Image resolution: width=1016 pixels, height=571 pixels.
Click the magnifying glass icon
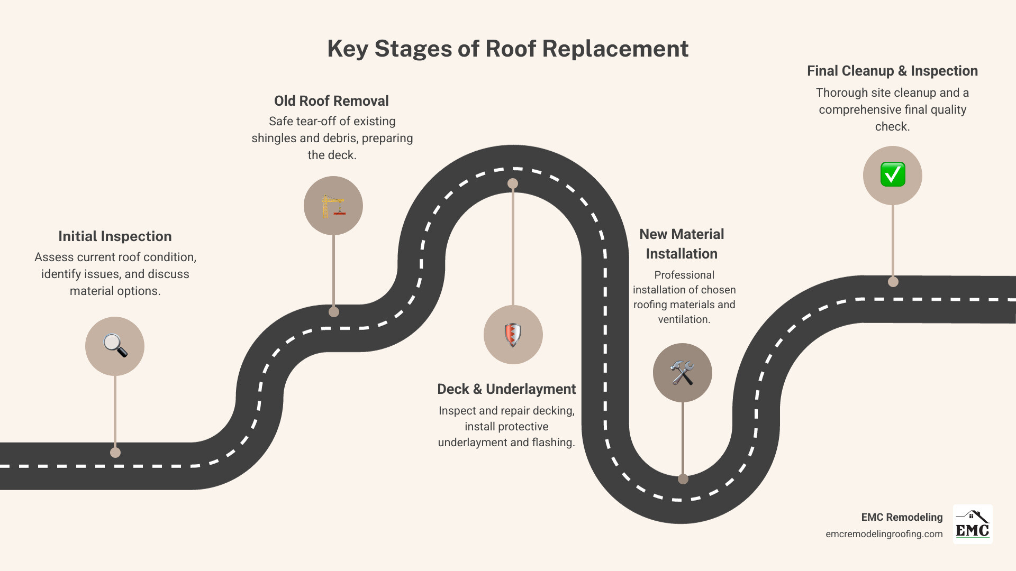[x=115, y=346]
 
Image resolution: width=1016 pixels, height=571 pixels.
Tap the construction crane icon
[x=333, y=206]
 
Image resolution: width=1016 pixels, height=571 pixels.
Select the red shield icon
[x=513, y=335]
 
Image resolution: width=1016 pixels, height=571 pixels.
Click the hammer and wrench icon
[x=682, y=373]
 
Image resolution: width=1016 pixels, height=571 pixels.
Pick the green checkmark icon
[x=892, y=175]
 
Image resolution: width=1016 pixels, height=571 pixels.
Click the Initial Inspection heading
[x=115, y=236]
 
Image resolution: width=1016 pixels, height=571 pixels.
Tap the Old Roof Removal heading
[x=331, y=101]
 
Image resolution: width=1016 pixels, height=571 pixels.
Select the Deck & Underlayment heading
[x=506, y=389]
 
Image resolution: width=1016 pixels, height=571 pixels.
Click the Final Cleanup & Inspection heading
[x=892, y=71]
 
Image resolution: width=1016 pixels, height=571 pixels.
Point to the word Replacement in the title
[x=615, y=49]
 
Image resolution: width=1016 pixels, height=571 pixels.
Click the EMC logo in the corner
[x=972, y=524]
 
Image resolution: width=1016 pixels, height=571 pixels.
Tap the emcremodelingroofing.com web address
[x=884, y=534]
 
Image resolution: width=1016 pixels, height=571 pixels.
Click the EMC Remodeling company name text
[x=902, y=517]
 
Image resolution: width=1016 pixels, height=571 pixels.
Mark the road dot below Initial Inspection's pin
[x=115, y=453]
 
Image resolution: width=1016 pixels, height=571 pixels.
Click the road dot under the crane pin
[x=333, y=312]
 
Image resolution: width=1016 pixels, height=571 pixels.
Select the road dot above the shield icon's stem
[x=513, y=183]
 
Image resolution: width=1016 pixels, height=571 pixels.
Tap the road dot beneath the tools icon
[x=683, y=479]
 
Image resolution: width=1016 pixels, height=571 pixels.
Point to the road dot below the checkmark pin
[x=893, y=282]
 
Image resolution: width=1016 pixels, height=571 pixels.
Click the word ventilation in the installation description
[x=683, y=319]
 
